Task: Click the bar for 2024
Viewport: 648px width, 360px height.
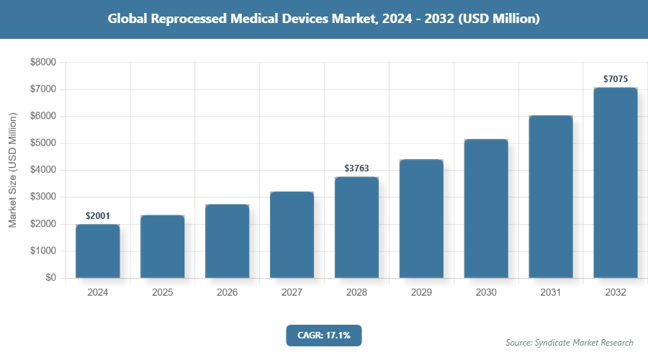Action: tap(98, 251)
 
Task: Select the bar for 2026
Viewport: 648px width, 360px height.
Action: tap(228, 241)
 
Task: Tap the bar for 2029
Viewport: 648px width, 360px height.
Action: tap(421, 219)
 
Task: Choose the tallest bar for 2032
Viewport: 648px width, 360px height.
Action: tap(616, 183)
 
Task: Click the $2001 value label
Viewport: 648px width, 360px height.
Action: tap(98, 215)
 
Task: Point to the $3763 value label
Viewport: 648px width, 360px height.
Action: tap(356, 168)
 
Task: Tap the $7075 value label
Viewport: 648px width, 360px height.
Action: tap(616, 78)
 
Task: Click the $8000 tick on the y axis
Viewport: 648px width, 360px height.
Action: tap(42, 63)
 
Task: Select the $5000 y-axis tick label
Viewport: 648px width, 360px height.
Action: tap(42, 143)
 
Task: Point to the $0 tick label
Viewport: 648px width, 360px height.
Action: tap(50, 278)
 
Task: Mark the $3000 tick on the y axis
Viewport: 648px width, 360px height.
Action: tap(42, 197)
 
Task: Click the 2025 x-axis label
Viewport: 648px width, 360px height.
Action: tap(163, 293)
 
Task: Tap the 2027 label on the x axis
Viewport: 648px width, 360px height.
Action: tap(292, 293)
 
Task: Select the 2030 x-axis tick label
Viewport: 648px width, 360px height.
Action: tap(486, 293)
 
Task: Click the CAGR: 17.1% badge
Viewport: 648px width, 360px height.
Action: tap(323, 335)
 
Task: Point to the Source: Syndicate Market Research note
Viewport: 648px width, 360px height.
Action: tap(570, 342)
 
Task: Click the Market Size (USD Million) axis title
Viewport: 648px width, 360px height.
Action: tap(12, 170)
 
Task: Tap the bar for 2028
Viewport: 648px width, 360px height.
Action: tap(356, 228)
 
